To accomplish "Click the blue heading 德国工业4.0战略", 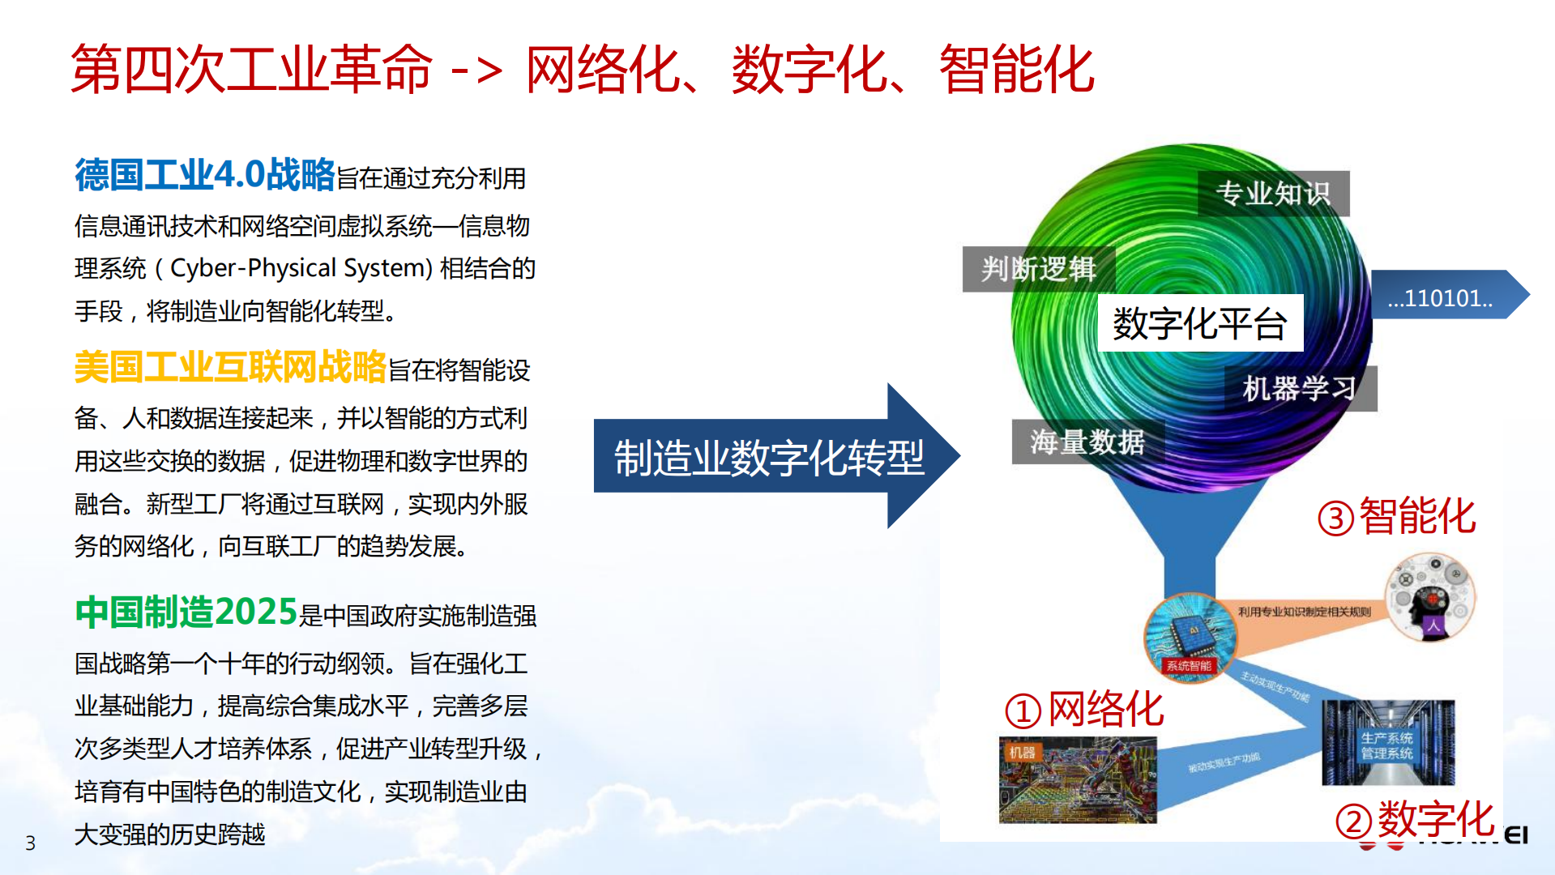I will coord(204,175).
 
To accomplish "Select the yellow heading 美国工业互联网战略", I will coord(230,367).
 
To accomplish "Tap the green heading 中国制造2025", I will coord(186,612).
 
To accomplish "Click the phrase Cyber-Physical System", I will coord(301,268).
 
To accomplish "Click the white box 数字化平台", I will coord(1200,323).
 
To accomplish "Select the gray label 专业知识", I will coord(1273,194).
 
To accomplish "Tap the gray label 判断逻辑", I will coord(1038,269).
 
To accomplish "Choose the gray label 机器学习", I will coord(1300,389).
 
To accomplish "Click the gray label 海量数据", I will coord(1087,442).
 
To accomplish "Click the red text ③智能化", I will coord(1396,517).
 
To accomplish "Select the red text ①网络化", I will coord(1084,710).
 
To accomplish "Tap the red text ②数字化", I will coord(1415,819).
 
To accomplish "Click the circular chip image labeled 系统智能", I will coord(1190,637).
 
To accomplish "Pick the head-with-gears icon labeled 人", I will coord(1430,598).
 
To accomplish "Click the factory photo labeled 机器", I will coord(1078,780).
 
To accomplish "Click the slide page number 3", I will coord(31,843).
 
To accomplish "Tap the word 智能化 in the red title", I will coord(1017,70).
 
